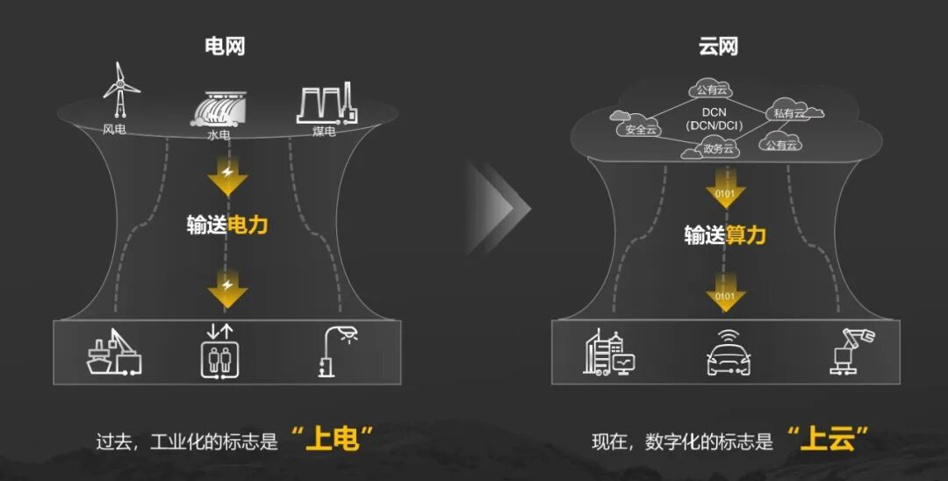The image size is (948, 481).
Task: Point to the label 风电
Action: pos(115,129)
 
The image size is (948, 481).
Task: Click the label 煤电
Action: pos(324,132)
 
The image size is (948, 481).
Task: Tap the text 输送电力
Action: pos(226,225)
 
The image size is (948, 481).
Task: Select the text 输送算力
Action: pos(725,235)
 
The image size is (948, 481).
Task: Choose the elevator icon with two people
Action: pos(219,352)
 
